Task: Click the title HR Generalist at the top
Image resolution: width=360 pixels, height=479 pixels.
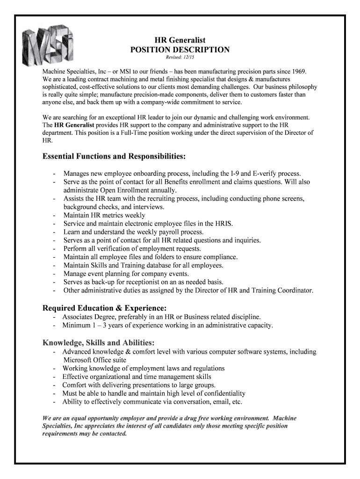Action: tap(180, 41)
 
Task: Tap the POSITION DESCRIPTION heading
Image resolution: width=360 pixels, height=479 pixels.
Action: tap(180, 50)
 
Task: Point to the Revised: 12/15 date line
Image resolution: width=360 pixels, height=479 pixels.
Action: tap(180, 58)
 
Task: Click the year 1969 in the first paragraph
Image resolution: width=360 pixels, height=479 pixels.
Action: tap(298, 71)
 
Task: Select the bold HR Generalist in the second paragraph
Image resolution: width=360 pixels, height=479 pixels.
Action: tap(74, 125)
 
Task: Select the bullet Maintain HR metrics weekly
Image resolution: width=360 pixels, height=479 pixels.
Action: tap(104, 215)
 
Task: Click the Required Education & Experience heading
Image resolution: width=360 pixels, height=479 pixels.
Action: tap(104, 308)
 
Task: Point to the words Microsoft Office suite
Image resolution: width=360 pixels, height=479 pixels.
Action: tap(94, 360)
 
